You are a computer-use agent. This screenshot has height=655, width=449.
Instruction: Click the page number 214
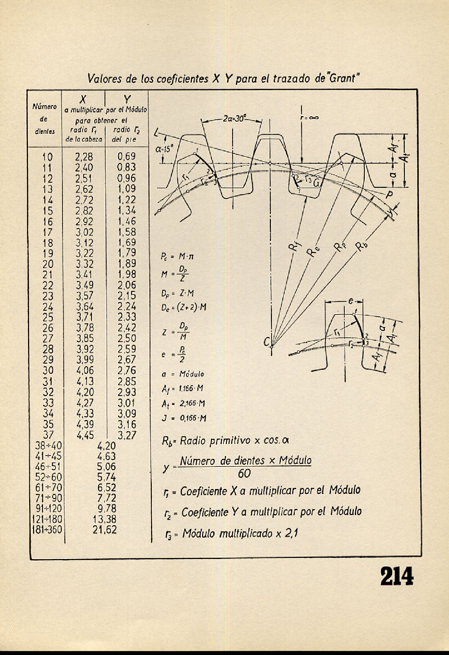397,577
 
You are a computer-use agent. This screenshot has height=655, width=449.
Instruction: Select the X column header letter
83,100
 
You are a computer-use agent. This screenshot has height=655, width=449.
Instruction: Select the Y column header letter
127,100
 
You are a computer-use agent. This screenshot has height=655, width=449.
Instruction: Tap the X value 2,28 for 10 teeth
84,157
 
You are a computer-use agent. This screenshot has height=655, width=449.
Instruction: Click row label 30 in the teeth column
48,370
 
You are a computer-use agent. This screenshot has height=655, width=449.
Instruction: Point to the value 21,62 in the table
104,530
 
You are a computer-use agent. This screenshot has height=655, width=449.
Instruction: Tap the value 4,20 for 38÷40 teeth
106,446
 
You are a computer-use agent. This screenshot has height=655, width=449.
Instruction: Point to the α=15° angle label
165,149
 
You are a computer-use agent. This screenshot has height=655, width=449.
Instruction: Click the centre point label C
267,341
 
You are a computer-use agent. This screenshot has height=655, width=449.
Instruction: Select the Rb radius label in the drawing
360,247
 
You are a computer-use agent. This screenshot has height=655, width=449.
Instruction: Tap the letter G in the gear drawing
317,183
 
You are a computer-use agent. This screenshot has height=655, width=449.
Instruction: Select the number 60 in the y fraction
244,474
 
